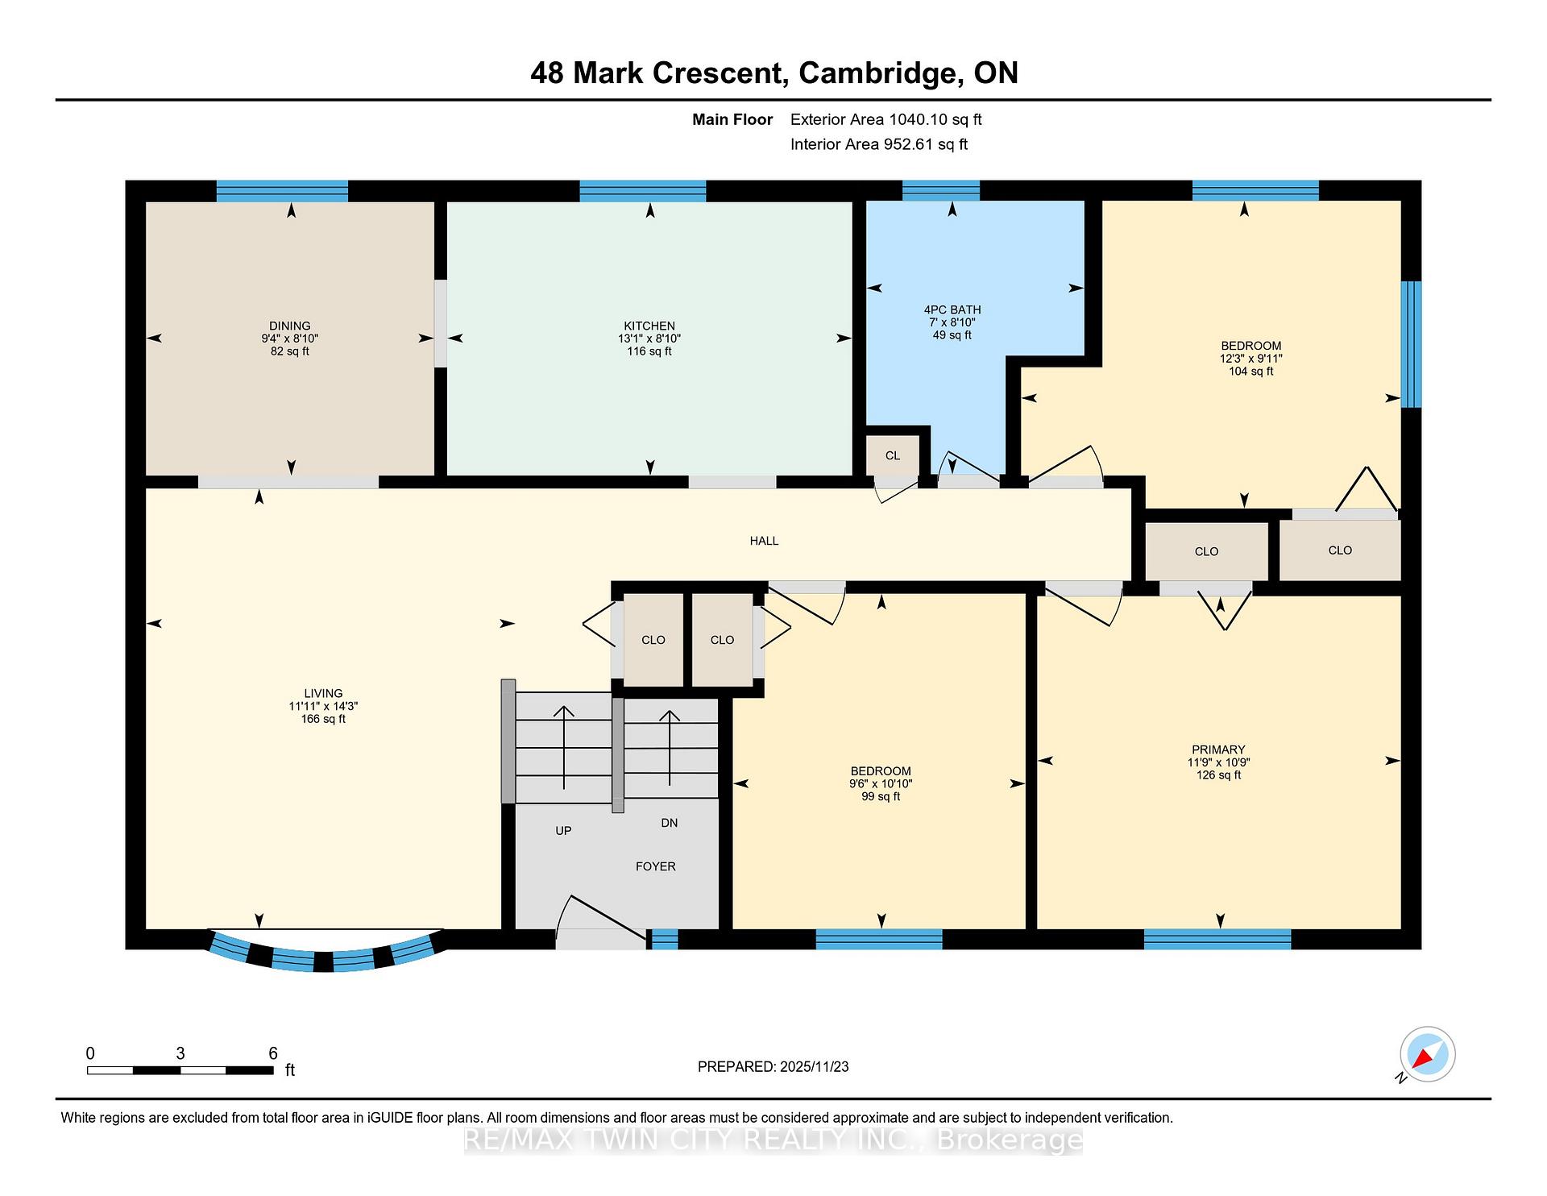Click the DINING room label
click(x=289, y=326)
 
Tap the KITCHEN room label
click(x=649, y=326)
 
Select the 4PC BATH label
click(x=952, y=309)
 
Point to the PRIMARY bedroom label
click(x=1218, y=750)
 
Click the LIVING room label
click(x=323, y=693)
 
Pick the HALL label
click(x=764, y=541)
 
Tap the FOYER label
click(x=655, y=866)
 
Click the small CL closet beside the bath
click(x=893, y=455)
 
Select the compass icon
click(x=1427, y=1054)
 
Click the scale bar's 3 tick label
click(x=180, y=1053)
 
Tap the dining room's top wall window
click(x=282, y=191)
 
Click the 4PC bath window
click(x=940, y=191)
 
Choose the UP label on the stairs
click(x=563, y=830)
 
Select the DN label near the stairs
click(x=669, y=823)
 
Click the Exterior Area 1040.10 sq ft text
click(x=885, y=120)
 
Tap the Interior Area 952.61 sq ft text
click(x=878, y=144)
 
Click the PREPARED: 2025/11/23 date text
click(x=773, y=1066)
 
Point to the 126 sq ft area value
click(x=1218, y=775)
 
